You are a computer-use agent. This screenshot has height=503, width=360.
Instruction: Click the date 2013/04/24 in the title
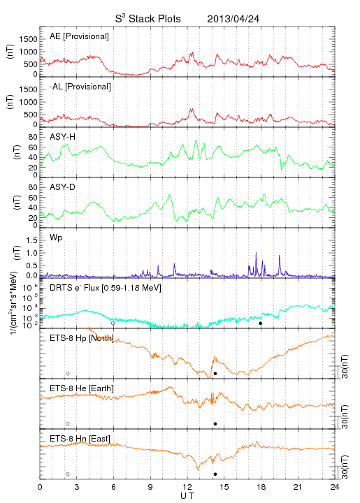tap(233, 19)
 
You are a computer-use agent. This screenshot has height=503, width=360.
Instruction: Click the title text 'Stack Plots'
tap(154, 19)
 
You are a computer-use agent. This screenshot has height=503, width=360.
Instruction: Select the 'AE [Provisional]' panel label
tap(79, 36)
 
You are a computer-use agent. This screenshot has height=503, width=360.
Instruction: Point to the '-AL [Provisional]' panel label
tap(80, 87)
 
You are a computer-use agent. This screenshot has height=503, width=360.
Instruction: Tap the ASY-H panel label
tap(63, 137)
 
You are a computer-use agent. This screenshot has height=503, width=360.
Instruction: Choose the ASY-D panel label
tap(63, 187)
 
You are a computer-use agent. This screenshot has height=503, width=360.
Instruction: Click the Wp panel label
tap(56, 238)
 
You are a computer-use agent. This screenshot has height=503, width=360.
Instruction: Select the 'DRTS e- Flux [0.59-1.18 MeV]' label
tap(106, 288)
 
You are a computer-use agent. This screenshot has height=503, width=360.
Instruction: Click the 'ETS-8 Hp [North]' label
tap(82, 338)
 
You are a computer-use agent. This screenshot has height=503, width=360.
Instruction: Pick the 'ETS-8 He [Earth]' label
tap(82, 388)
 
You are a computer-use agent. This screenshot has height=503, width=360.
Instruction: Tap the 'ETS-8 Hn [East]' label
tap(80, 439)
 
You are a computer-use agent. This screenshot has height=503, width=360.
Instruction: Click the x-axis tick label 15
tap(224, 487)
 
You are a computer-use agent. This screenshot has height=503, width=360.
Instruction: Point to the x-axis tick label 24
tap(335, 487)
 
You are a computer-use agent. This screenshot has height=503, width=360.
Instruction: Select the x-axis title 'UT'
tap(187, 496)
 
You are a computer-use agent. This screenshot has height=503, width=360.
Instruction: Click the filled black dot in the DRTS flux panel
tap(261, 323)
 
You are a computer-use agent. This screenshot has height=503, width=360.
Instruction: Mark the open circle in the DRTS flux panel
tap(113, 323)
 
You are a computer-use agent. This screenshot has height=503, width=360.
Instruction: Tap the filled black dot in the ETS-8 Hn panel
tap(215, 474)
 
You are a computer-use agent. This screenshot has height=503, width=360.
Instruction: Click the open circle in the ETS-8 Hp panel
tap(68, 374)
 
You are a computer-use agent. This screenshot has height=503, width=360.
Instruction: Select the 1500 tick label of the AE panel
tap(29, 39)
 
